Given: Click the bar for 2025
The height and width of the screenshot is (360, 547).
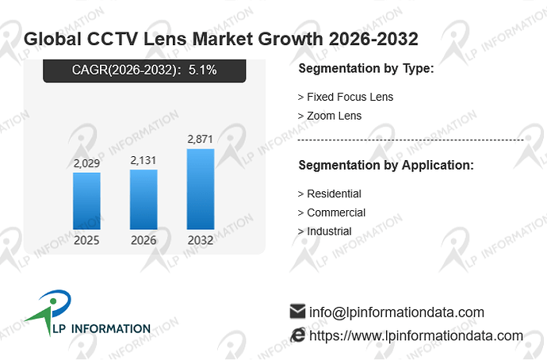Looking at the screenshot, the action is (86, 201).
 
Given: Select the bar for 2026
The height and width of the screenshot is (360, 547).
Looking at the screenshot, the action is (143, 200).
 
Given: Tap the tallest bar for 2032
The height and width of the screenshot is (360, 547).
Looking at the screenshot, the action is (201, 189).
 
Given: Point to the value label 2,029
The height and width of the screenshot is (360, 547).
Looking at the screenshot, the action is (86, 163).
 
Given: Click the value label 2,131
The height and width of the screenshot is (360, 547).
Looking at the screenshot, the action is (143, 160).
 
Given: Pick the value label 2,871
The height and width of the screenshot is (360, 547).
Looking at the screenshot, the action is (201, 140).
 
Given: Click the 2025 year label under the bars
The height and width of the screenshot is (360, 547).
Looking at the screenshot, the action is (86, 240).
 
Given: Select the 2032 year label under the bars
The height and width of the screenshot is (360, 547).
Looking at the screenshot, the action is (201, 240).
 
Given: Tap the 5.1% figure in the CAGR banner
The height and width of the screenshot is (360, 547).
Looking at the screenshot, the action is (203, 70).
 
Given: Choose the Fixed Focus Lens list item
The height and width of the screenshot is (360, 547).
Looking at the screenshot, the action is (346, 97).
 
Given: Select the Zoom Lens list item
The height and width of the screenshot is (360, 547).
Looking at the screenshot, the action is (330, 116).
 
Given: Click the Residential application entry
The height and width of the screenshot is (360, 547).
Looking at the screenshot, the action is (330, 193).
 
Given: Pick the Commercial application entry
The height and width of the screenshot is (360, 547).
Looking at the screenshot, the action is (331, 213).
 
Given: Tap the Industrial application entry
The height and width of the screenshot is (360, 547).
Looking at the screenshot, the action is (325, 232).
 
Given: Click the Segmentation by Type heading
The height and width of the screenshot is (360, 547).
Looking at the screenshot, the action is (366, 68).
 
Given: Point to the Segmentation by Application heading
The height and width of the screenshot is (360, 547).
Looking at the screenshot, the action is (386, 165).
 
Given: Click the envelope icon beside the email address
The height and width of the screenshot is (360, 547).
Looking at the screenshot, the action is (297, 311).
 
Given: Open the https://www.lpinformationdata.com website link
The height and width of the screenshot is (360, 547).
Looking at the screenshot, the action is (416, 336).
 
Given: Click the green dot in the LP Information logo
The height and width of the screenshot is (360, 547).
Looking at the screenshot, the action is (53, 301).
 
